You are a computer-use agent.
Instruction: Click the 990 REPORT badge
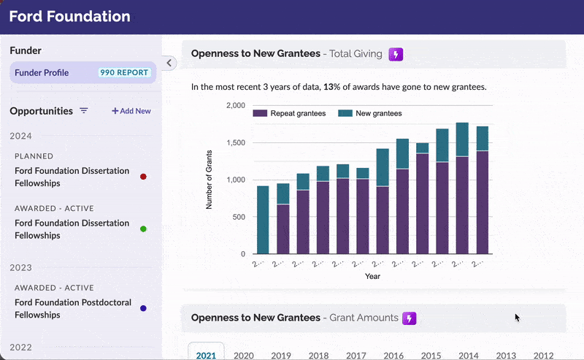[x=125, y=73]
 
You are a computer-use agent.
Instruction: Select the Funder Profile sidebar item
[x=42, y=73]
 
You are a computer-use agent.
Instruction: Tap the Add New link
[x=131, y=111]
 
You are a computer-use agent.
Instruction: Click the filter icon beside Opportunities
[x=84, y=111]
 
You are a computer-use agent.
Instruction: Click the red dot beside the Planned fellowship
[x=143, y=177]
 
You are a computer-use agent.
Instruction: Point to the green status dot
[x=143, y=229]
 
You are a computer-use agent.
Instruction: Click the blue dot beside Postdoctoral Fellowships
[x=143, y=308]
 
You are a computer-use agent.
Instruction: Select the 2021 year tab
[x=206, y=355]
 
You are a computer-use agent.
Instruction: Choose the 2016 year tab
[x=393, y=355]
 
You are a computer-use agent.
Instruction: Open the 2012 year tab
[x=543, y=355]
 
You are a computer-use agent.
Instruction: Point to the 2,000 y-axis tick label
[x=236, y=105]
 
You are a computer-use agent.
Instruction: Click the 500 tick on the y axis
[x=239, y=217]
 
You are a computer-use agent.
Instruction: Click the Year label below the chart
[x=372, y=277]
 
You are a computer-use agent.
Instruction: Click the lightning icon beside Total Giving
[x=396, y=54]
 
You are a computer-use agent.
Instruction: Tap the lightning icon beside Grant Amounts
[x=410, y=318]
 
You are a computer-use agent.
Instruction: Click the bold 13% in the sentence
[x=331, y=87]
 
